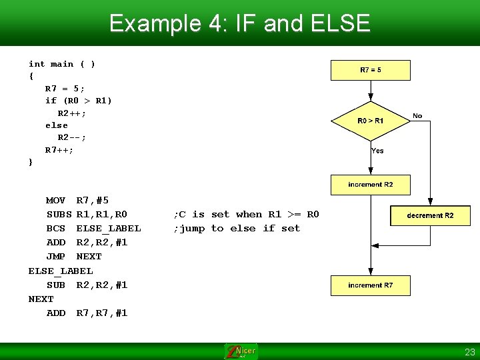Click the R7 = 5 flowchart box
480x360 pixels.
click(x=371, y=70)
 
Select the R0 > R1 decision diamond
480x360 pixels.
click(x=371, y=121)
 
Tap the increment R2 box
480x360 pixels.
click(x=371, y=185)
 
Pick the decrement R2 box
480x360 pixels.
click(x=430, y=215)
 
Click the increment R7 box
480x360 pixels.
click(x=371, y=285)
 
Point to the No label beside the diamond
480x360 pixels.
click(x=417, y=116)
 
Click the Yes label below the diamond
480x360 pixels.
click(x=377, y=151)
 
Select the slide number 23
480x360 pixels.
click(x=469, y=352)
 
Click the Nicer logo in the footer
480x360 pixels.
click(x=241, y=351)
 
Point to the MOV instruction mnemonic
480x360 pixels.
click(x=56, y=200)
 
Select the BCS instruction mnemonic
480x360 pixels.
click(x=56, y=228)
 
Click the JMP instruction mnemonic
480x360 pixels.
click(x=56, y=256)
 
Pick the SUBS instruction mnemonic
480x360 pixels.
click(x=59, y=214)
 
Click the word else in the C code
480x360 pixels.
click(x=57, y=125)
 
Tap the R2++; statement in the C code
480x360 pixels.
click(x=72, y=113)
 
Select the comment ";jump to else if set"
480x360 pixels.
click(x=237, y=228)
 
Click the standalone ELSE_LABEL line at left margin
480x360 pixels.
click(x=61, y=271)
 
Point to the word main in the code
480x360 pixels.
click(x=62, y=64)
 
